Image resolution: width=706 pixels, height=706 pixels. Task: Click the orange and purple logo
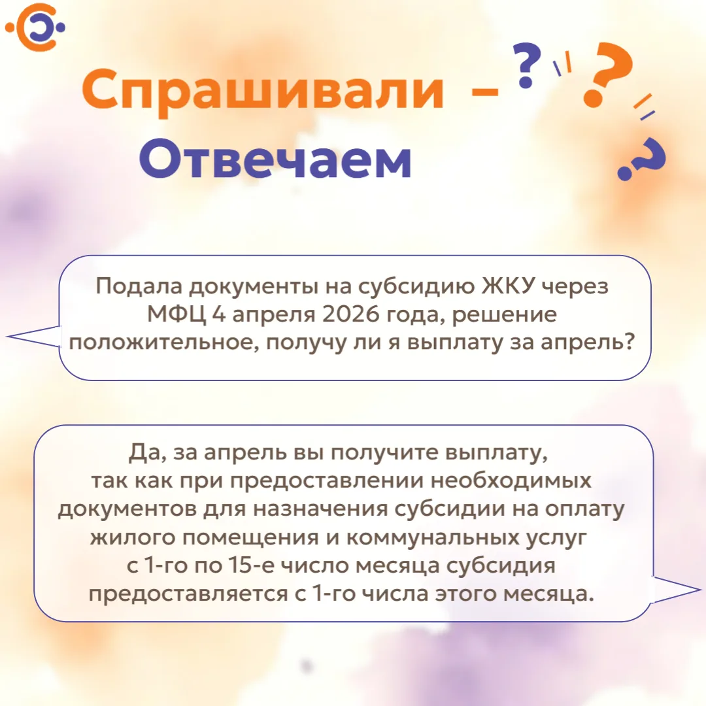(35, 27)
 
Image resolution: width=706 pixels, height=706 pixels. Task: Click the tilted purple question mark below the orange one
(642, 158)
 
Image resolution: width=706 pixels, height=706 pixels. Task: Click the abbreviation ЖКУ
(509, 286)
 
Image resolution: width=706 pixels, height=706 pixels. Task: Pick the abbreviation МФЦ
(176, 314)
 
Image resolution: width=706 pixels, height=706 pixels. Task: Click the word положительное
(164, 343)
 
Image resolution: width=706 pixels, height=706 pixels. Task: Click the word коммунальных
(432, 537)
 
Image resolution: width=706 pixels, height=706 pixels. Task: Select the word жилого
(132, 537)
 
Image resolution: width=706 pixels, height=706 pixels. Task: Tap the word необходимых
(511, 481)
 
